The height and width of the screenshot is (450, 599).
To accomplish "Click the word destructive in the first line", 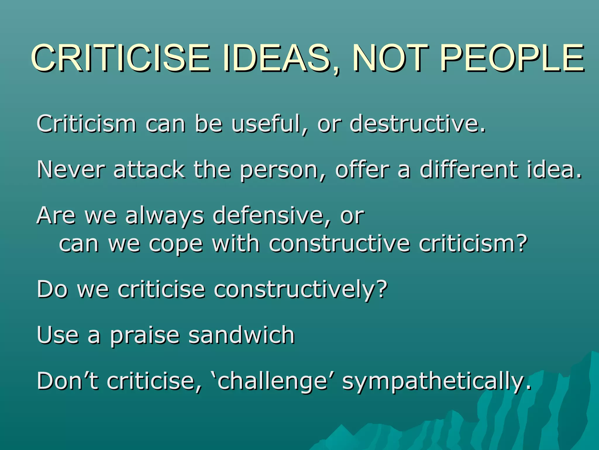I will (x=418, y=124).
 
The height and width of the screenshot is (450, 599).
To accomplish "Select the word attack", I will (x=149, y=170).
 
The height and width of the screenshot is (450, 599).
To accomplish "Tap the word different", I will (x=468, y=170).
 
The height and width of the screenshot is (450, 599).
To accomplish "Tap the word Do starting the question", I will (x=52, y=289).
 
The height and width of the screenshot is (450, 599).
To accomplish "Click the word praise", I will (x=145, y=335).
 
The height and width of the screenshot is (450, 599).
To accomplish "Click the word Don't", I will (x=67, y=381).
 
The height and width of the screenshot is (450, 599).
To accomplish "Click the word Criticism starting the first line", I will (x=87, y=124).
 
